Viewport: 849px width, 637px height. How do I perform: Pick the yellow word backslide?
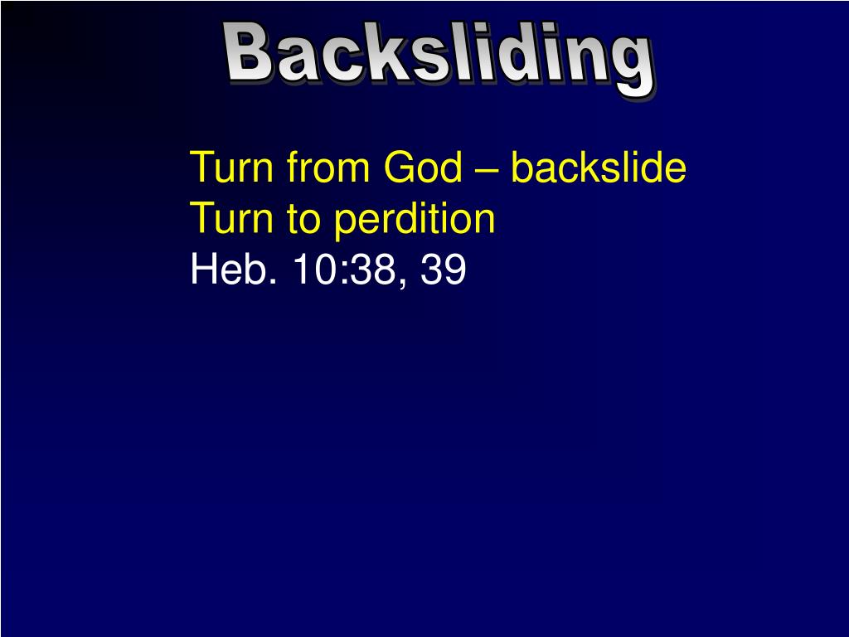tap(599, 168)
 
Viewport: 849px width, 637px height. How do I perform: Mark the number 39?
tap(444, 270)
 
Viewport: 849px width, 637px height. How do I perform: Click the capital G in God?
tap(399, 168)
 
